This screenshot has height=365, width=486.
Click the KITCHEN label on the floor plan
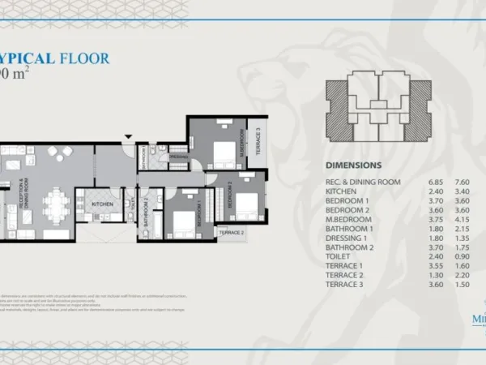(x=101, y=204)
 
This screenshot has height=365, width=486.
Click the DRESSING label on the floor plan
(x=179, y=157)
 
